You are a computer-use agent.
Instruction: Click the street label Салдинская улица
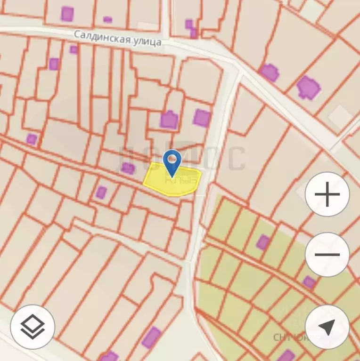[118, 38]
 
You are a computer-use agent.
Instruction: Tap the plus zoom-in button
[327, 194]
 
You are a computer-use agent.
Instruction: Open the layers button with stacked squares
[33, 327]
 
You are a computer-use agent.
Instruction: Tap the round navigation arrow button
[327, 327]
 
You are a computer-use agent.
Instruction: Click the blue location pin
[173, 162]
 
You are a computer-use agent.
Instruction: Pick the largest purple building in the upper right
[309, 88]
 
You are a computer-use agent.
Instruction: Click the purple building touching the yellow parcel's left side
[128, 168]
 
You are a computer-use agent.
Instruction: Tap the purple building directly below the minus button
[309, 282]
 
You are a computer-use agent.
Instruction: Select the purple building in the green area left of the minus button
[263, 242]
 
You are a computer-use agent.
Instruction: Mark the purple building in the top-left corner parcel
[67, 14]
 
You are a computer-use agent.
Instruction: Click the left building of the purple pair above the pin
[169, 120]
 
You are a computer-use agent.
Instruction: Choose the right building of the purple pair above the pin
[202, 117]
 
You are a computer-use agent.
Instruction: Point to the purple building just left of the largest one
[270, 72]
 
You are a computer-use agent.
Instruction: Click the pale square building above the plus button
[340, 116]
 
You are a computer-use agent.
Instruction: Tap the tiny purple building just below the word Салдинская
[74, 49]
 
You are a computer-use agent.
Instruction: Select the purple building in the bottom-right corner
[286, 355]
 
